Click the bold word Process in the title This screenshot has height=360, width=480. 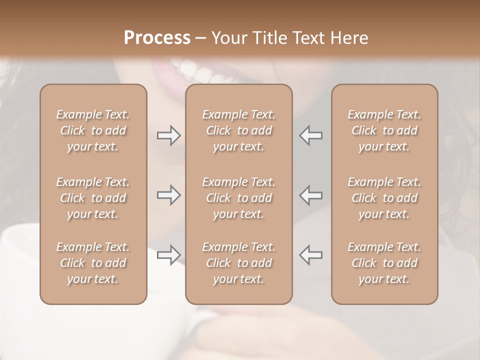pyautogui.click(x=157, y=38)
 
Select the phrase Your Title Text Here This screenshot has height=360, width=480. pyautogui.click(x=290, y=38)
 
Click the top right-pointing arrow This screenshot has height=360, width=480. pyautogui.click(x=168, y=135)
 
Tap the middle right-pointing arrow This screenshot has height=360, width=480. pyautogui.click(x=168, y=195)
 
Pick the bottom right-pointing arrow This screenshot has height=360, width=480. pyautogui.click(x=168, y=255)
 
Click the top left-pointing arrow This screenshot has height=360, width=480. pyautogui.click(x=311, y=135)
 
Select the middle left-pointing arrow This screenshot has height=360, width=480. pyautogui.click(x=311, y=195)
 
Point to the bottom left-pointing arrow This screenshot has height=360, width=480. pyautogui.click(x=311, y=255)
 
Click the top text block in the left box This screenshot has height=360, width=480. pyautogui.click(x=93, y=130)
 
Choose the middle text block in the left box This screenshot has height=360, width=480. pyautogui.click(x=93, y=198)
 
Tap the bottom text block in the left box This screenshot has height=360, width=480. pyautogui.click(x=93, y=263)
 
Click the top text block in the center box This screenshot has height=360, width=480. pyautogui.click(x=239, y=130)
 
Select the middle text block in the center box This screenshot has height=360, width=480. pyautogui.click(x=239, y=198)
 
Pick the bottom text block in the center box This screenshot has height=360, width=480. pyautogui.click(x=239, y=263)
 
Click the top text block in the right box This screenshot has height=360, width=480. pyautogui.click(x=384, y=130)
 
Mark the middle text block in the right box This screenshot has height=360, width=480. pyautogui.click(x=384, y=198)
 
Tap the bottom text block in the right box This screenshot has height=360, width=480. pyautogui.click(x=384, y=263)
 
